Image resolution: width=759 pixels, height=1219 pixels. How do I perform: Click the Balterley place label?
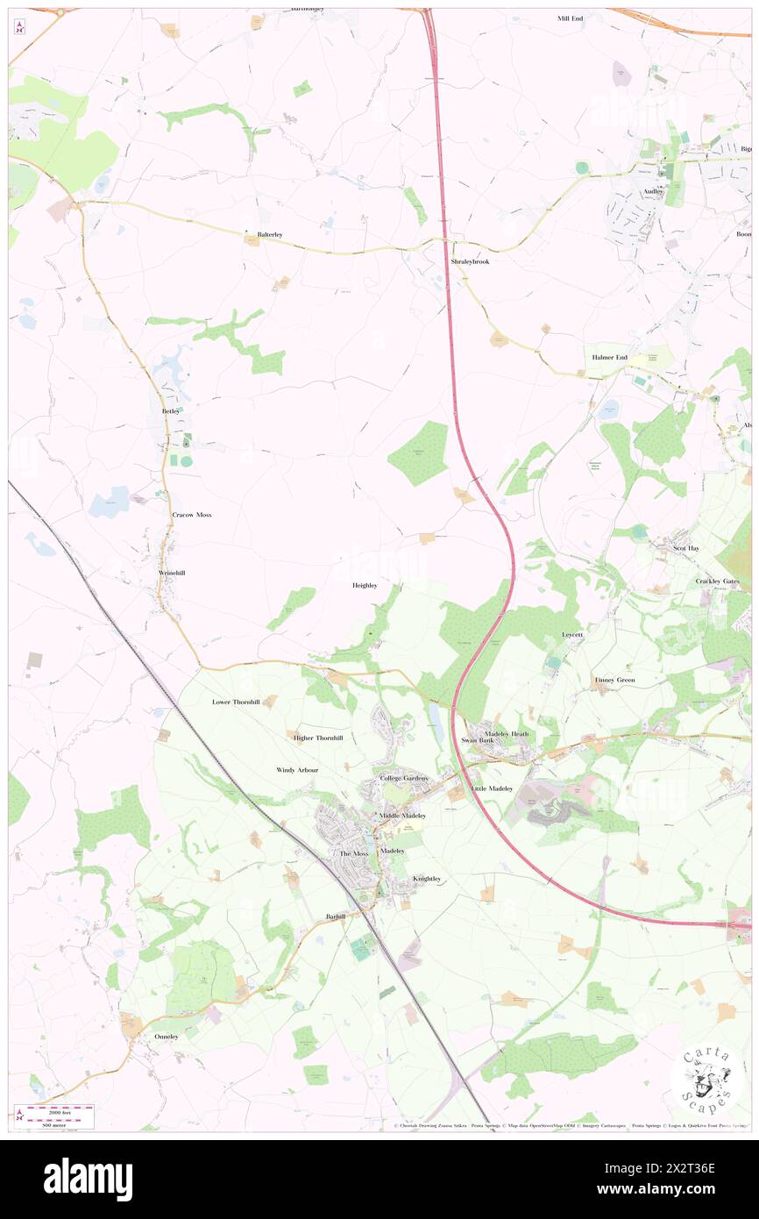click(x=269, y=235)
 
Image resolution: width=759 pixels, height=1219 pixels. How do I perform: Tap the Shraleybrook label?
click(x=470, y=262)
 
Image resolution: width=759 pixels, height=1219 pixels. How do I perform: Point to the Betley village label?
click(x=171, y=410)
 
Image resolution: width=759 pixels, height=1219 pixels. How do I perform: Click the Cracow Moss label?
click(x=191, y=515)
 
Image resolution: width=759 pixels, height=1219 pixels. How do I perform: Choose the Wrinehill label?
click(x=171, y=573)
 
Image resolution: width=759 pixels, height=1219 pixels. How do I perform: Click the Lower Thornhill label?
click(x=236, y=702)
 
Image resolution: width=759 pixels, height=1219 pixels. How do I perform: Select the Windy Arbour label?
click(x=297, y=770)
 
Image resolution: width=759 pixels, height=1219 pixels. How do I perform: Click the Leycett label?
click(x=572, y=633)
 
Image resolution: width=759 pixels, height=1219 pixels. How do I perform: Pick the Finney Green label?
click(x=614, y=681)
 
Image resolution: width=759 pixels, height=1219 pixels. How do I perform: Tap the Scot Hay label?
click(x=686, y=548)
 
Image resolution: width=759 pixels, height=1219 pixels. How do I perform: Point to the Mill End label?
click(x=570, y=18)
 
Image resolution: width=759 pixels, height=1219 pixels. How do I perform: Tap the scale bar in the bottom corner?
click(x=61, y=1115)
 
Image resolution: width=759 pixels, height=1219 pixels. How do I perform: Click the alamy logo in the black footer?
click(x=88, y=1180)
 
